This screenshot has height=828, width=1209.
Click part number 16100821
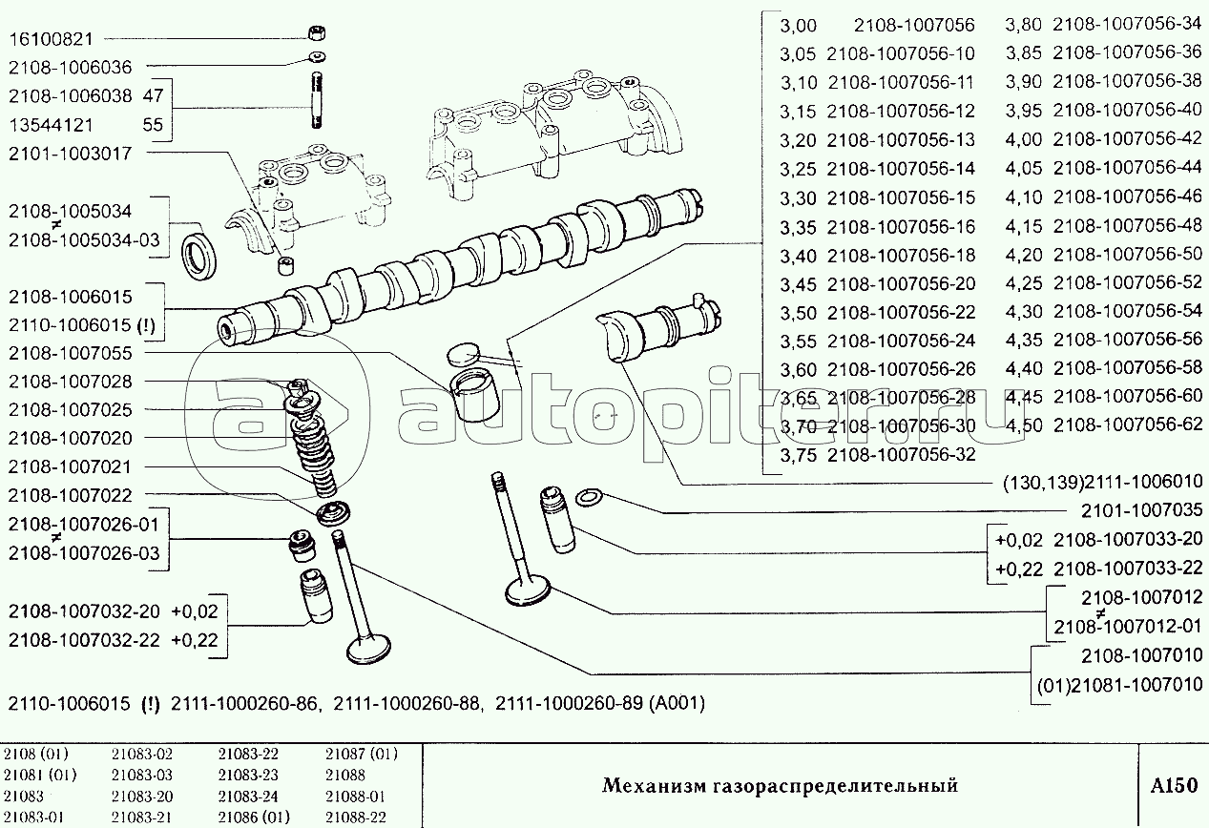click(x=51, y=39)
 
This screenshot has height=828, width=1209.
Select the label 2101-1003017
click(x=71, y=154)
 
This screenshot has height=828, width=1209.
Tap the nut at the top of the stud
click(x=317, y=32)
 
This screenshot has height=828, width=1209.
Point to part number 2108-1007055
click(x=71, y=353)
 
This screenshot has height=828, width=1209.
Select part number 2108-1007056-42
click(x=1128, y=138)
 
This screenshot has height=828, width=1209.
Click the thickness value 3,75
click(x=799, y=455)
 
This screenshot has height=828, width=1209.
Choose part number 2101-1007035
click(x=1141, y=510)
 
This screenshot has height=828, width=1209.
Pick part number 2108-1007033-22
click(x=1128, y=568)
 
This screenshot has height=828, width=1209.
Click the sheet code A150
click(x=1174, y=785)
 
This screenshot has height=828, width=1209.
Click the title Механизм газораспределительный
click(x=780, y=786)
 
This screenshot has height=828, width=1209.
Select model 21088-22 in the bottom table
click(x=356, y=818)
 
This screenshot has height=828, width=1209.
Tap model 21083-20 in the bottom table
click(x=142, y=797)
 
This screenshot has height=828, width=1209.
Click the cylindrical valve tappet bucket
click(x=475, y=394)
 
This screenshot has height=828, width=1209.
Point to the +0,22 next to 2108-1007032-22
click(x=195, y=640)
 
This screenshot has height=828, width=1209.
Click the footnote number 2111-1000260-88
click(x=406, y=703)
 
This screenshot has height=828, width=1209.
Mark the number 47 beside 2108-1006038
click(x=153, y=96)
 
